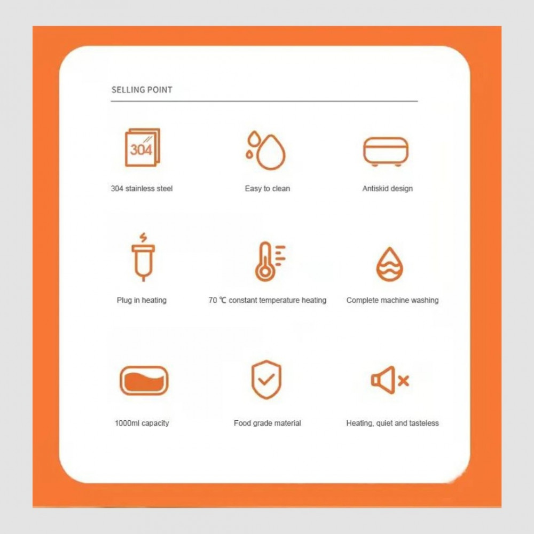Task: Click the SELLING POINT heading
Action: (142, 90)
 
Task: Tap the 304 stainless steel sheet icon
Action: (143, 147)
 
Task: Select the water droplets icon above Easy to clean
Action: (266, 150)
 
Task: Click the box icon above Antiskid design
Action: (386, 152)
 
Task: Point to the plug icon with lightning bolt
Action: (143, 257)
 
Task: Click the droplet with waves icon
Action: (390, 264)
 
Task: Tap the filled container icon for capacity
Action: (144, 380)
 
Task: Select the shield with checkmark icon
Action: (266, 379)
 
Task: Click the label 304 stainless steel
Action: (142, 189)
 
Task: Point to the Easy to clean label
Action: (268, 189)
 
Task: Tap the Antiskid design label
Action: (388, 189)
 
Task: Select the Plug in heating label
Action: (142, 300)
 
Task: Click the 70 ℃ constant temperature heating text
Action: (268, 300)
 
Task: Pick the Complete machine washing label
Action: (392, 300)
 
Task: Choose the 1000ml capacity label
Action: (142, 423)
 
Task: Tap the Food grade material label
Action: (268, 423)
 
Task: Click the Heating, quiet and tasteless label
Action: (392, 423)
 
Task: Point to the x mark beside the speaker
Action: (403, 381)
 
